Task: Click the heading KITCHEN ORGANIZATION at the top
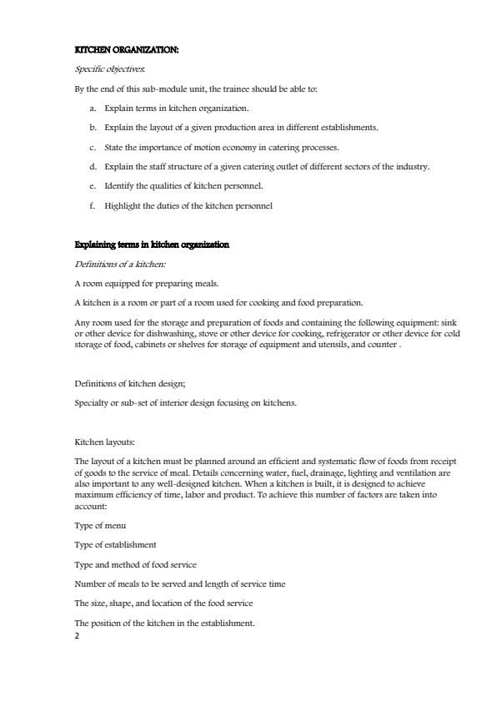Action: click(x=126, y=50)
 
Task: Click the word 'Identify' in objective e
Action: click(x=120, y=186)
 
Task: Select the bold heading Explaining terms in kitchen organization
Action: click(x=152, y=245)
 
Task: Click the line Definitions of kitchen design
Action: click(x=129, y=383)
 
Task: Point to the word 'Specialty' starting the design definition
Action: click(x=93, y=402)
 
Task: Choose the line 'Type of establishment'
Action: click(x=115, y=545)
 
